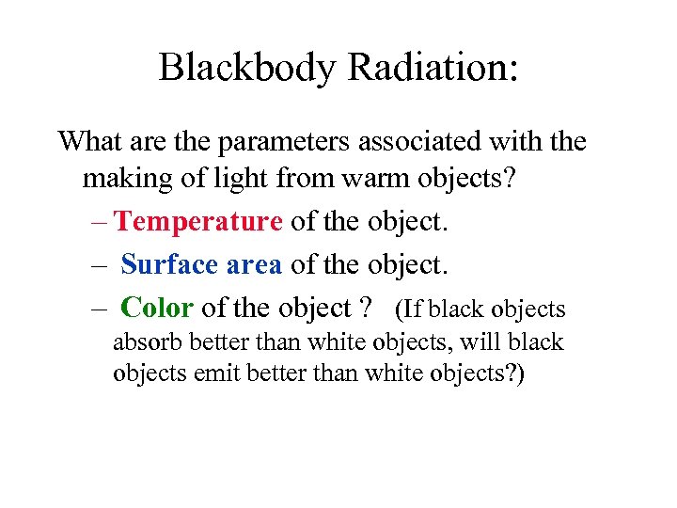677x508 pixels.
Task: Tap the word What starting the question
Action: tap(91, 142)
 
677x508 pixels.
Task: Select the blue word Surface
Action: tap(169, 264)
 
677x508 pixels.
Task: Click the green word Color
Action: tap(157, 308)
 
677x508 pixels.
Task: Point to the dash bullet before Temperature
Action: tap(101, 223)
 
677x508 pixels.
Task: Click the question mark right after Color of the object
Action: tap(366, 308)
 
